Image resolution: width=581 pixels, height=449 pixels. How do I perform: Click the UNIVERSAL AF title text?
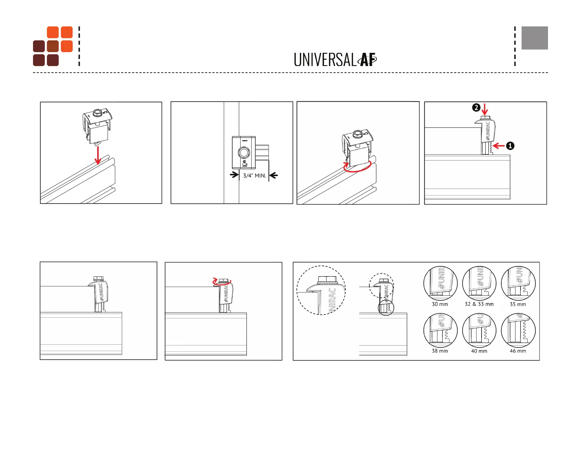click(335, 60)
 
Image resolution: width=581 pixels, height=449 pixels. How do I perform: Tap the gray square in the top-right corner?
click(534, 38)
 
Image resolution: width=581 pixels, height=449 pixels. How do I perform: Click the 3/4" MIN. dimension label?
click(255, 176)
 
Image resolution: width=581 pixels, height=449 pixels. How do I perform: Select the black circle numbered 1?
click(510, 146)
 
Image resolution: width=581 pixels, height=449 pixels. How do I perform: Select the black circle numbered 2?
click(476, 107)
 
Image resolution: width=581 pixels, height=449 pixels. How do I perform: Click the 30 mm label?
click(440, 304)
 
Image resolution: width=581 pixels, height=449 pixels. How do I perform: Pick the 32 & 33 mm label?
click(479, 304)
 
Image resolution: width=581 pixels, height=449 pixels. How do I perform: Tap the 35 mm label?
click(518, 304)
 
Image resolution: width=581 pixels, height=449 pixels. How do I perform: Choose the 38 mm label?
click(440, 351)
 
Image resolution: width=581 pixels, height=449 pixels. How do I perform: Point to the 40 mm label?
click(479, 351)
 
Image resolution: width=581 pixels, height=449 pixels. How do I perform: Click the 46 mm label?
click(518, 351)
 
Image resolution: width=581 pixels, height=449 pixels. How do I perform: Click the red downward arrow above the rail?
click(98, 155)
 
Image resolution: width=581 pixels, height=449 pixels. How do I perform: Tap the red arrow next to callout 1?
click(499, 146)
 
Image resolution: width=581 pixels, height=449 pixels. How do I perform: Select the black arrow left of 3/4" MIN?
click(234, 175)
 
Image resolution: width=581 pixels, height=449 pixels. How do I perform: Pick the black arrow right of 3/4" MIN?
click(274, 175)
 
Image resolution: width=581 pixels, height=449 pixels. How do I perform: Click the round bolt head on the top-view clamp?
click(244, 152)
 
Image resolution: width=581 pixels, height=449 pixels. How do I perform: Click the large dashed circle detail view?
click(321, 290)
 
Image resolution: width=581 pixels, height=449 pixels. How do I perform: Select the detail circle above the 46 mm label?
click(518, 330)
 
